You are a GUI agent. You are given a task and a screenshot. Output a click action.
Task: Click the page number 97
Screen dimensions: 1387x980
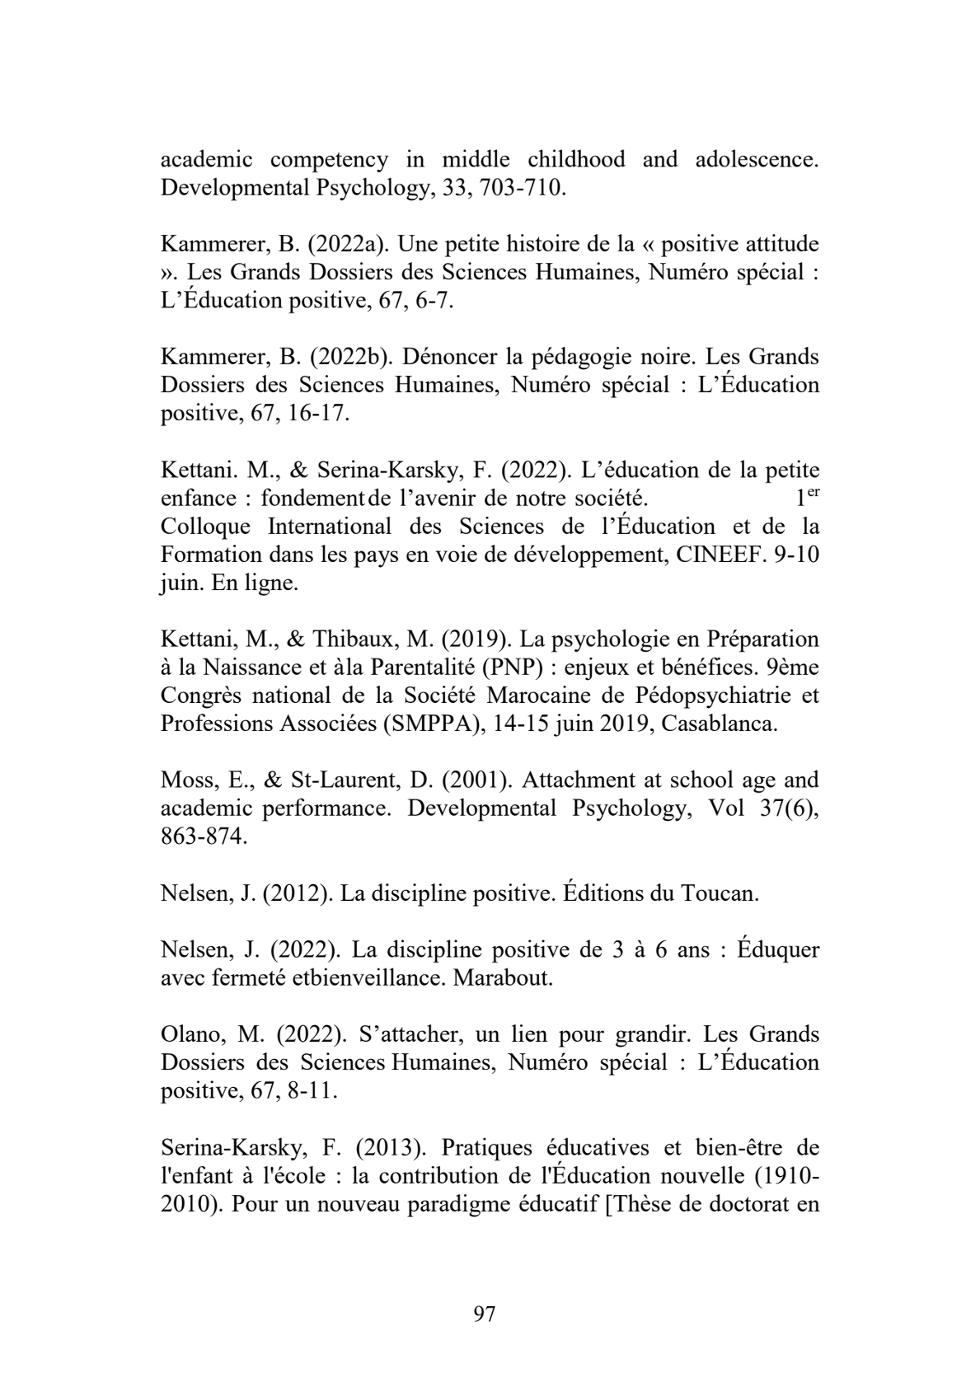coord(485,1314)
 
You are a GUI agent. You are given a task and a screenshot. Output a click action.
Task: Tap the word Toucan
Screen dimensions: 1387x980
coord(718,893)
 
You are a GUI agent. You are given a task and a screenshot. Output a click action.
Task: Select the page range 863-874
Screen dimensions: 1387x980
coord(203,837)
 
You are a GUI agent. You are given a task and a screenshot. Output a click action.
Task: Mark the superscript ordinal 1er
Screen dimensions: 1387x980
coord(806,497)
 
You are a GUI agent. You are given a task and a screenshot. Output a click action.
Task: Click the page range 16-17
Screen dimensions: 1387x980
coord(319,414)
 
